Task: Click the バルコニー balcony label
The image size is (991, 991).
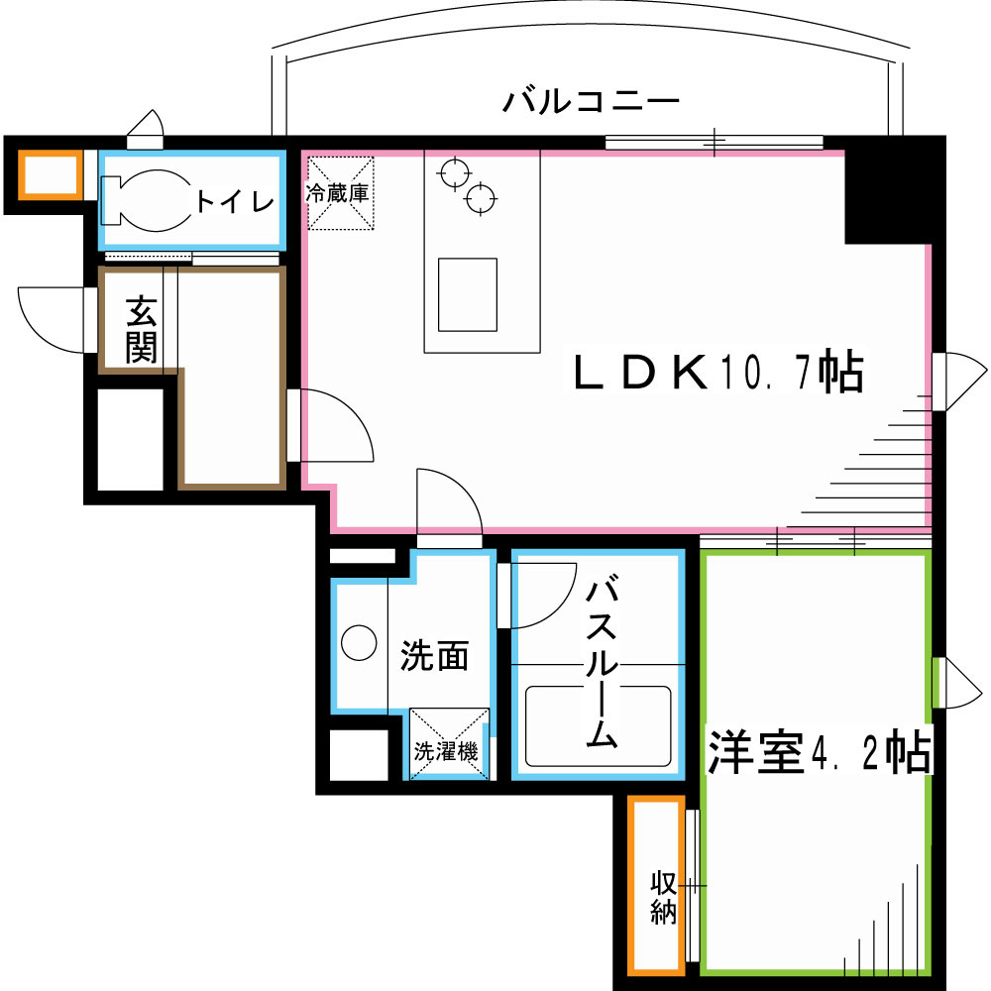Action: pos(590,101)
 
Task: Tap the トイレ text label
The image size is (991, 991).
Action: pos(234,201)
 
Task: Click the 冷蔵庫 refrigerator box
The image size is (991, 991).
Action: pos(340,192)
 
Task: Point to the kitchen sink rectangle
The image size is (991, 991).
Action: pos(468,294)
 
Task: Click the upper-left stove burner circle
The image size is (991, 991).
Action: pos(453,172)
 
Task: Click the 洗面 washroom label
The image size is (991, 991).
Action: pos(434,656)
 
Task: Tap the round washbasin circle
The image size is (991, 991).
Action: pos(359,644)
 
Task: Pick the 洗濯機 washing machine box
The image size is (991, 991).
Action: pos(449,743)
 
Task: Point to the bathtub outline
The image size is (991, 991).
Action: pos(599,725)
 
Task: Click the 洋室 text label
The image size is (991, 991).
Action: pos(754,753)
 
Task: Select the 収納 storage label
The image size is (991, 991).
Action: pos(663,896)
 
